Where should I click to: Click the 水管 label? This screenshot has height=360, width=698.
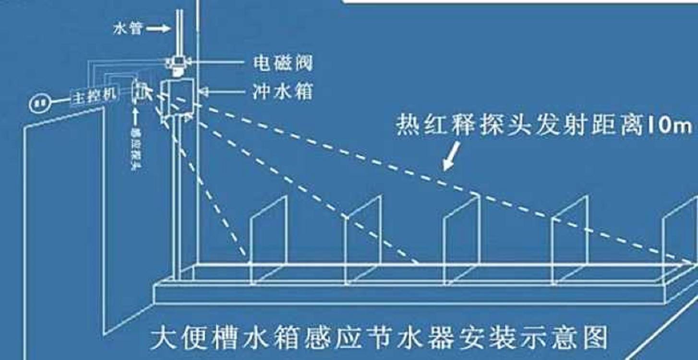pyautogui.click(x=128, y=28)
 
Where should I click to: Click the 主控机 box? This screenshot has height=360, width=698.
pyautogui.click(x=94, y=96)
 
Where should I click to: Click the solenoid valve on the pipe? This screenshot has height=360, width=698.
pyautogui.click(x=178, y=63)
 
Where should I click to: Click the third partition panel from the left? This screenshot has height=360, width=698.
pyautogui.click(x=461, y=240)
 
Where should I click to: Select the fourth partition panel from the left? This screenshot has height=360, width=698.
pyautogui.click(x=569, y=240)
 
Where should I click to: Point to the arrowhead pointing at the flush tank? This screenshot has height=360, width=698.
pyautogui.click(x=202, y=91)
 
